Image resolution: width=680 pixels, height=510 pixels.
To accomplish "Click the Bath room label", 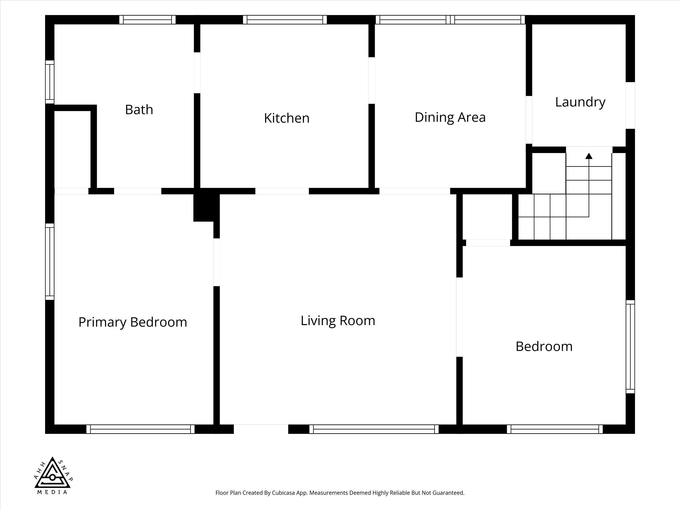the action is point(139,109).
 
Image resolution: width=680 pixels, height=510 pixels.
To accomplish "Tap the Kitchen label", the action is point(286,118).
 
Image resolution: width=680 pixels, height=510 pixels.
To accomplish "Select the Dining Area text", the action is point(450,117).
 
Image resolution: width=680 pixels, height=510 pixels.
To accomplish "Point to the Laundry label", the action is point(580,102).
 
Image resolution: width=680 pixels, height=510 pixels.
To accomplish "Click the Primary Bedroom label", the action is point(133,322).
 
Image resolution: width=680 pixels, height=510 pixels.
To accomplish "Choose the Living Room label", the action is point(338,321).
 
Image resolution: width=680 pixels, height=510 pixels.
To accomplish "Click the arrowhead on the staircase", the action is point(589,156).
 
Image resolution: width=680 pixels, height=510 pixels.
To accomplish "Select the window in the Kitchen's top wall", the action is point(285,20).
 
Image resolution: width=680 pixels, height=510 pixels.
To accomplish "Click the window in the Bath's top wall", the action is point(147,20).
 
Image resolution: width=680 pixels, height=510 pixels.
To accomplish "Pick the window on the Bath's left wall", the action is point(50,82).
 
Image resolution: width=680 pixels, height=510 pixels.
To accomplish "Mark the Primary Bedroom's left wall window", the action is point(50,262).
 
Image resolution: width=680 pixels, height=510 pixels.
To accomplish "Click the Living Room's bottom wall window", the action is point(374,429).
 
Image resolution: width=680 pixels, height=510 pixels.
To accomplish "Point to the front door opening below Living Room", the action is point(261,429).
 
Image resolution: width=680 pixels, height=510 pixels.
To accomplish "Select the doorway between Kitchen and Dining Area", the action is point(372,81).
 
